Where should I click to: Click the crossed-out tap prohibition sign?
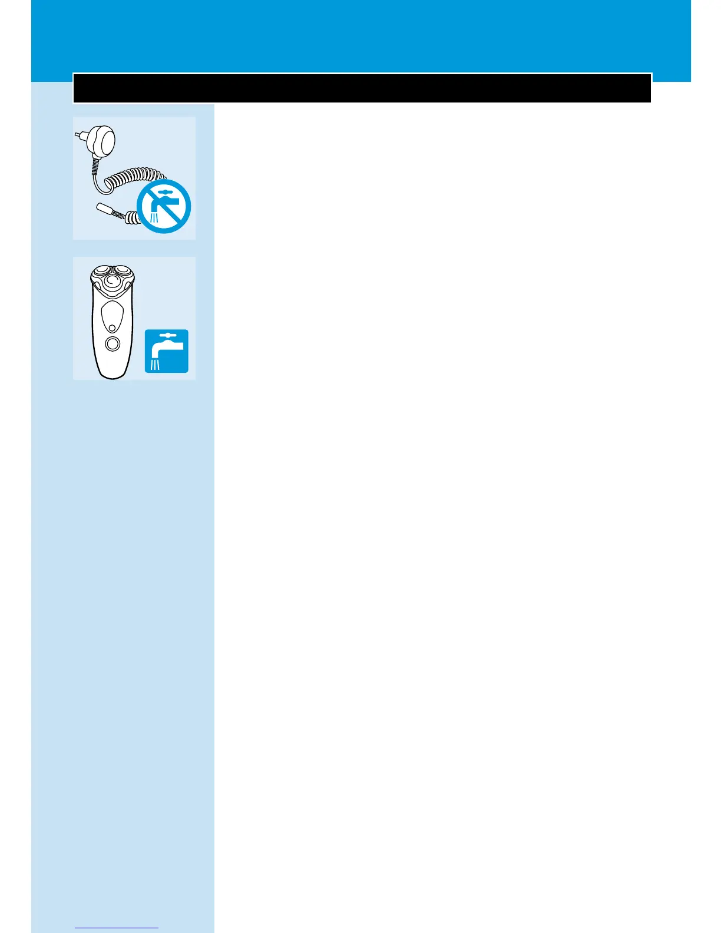pyautogui.click(x=164, y=207)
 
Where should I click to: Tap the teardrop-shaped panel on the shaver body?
pyautogui.click(x=112, y=317)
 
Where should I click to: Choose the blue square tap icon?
pyautogui.click(x=167, y=351)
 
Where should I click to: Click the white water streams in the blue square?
pyautogui.click(x=156, y=365)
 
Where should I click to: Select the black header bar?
pyautogui.click(x=362, y=88)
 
